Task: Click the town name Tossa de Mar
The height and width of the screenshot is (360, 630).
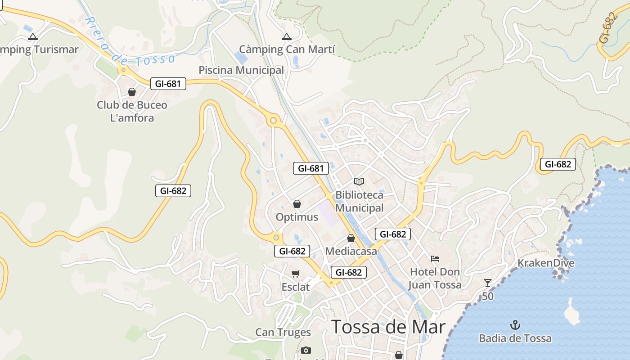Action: tap(388, 327)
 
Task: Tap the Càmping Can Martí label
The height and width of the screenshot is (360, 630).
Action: tap(287, 49)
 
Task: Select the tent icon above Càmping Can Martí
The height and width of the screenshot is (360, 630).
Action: tap(286, 37)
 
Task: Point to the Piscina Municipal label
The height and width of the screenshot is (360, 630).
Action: tap(241, 70)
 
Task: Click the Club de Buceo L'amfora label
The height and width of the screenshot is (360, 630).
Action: tap(132, 111)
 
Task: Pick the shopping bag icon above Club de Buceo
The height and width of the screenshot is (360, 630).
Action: tap(132, 92)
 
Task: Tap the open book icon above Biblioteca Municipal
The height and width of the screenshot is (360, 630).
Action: tap(359, 181)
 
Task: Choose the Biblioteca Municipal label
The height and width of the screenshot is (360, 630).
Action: tap(360, 201)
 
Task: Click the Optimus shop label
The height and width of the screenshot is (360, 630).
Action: tap(297, 217)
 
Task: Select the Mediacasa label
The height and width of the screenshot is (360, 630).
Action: tap(351, 251)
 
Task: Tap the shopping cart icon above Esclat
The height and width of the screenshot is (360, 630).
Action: tap(296, 274)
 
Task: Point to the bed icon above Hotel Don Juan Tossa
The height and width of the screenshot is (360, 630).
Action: tap(435, 259)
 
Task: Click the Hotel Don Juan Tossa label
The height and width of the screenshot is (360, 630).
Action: tap(435, 278)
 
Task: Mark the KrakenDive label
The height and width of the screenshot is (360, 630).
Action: tap(546, 263)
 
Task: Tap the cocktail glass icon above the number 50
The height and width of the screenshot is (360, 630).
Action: tap(488, 283)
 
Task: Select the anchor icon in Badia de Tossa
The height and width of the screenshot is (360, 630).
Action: tap(515, 325)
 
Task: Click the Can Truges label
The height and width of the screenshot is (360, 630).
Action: tap(283, 332)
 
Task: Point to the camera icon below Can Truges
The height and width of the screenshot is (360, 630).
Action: tap(306, 350)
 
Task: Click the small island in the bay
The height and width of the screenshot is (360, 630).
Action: tap(572, 312)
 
